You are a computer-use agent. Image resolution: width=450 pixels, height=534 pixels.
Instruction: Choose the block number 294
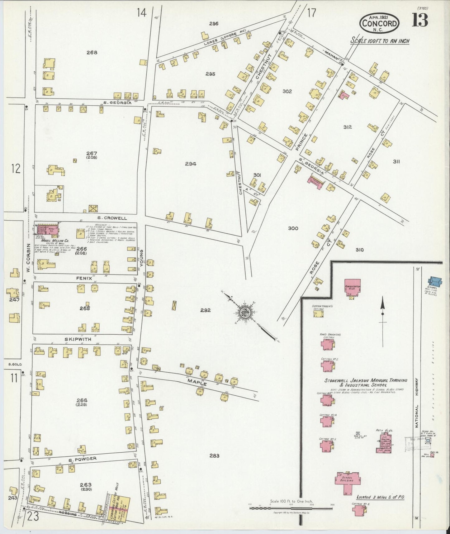190,164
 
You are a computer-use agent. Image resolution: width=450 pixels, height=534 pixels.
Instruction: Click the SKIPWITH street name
78,339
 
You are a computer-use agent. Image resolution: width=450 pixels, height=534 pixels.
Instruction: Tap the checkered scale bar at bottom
291,508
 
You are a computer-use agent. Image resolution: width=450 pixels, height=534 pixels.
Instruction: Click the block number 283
214,455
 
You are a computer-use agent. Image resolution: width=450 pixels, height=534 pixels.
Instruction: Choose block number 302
287,91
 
